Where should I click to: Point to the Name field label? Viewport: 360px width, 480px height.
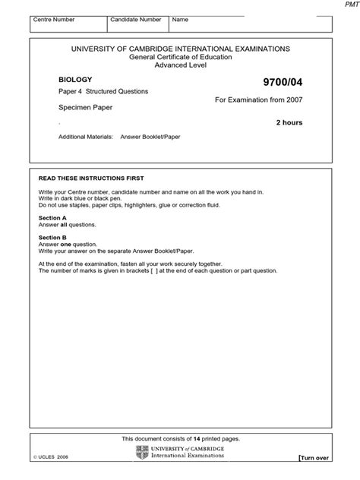click(x=179, y=18)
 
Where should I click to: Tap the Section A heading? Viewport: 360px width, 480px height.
click(x=52, y=218)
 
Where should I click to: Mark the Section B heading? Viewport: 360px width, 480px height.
click(x=52, y=237)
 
